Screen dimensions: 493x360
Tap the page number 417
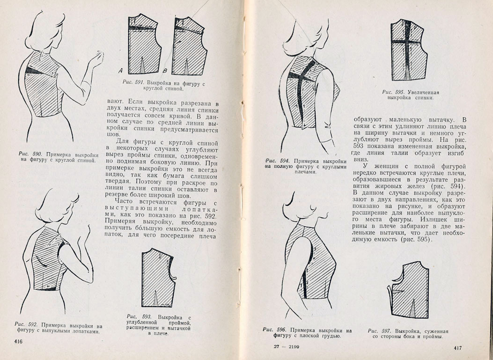tap(458, 348)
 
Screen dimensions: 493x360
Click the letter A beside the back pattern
tap(121, 71)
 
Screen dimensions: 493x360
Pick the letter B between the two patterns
tap(165, 71)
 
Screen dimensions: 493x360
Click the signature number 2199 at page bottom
tap(294, 347)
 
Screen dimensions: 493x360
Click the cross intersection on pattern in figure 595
tap(407, 42)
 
